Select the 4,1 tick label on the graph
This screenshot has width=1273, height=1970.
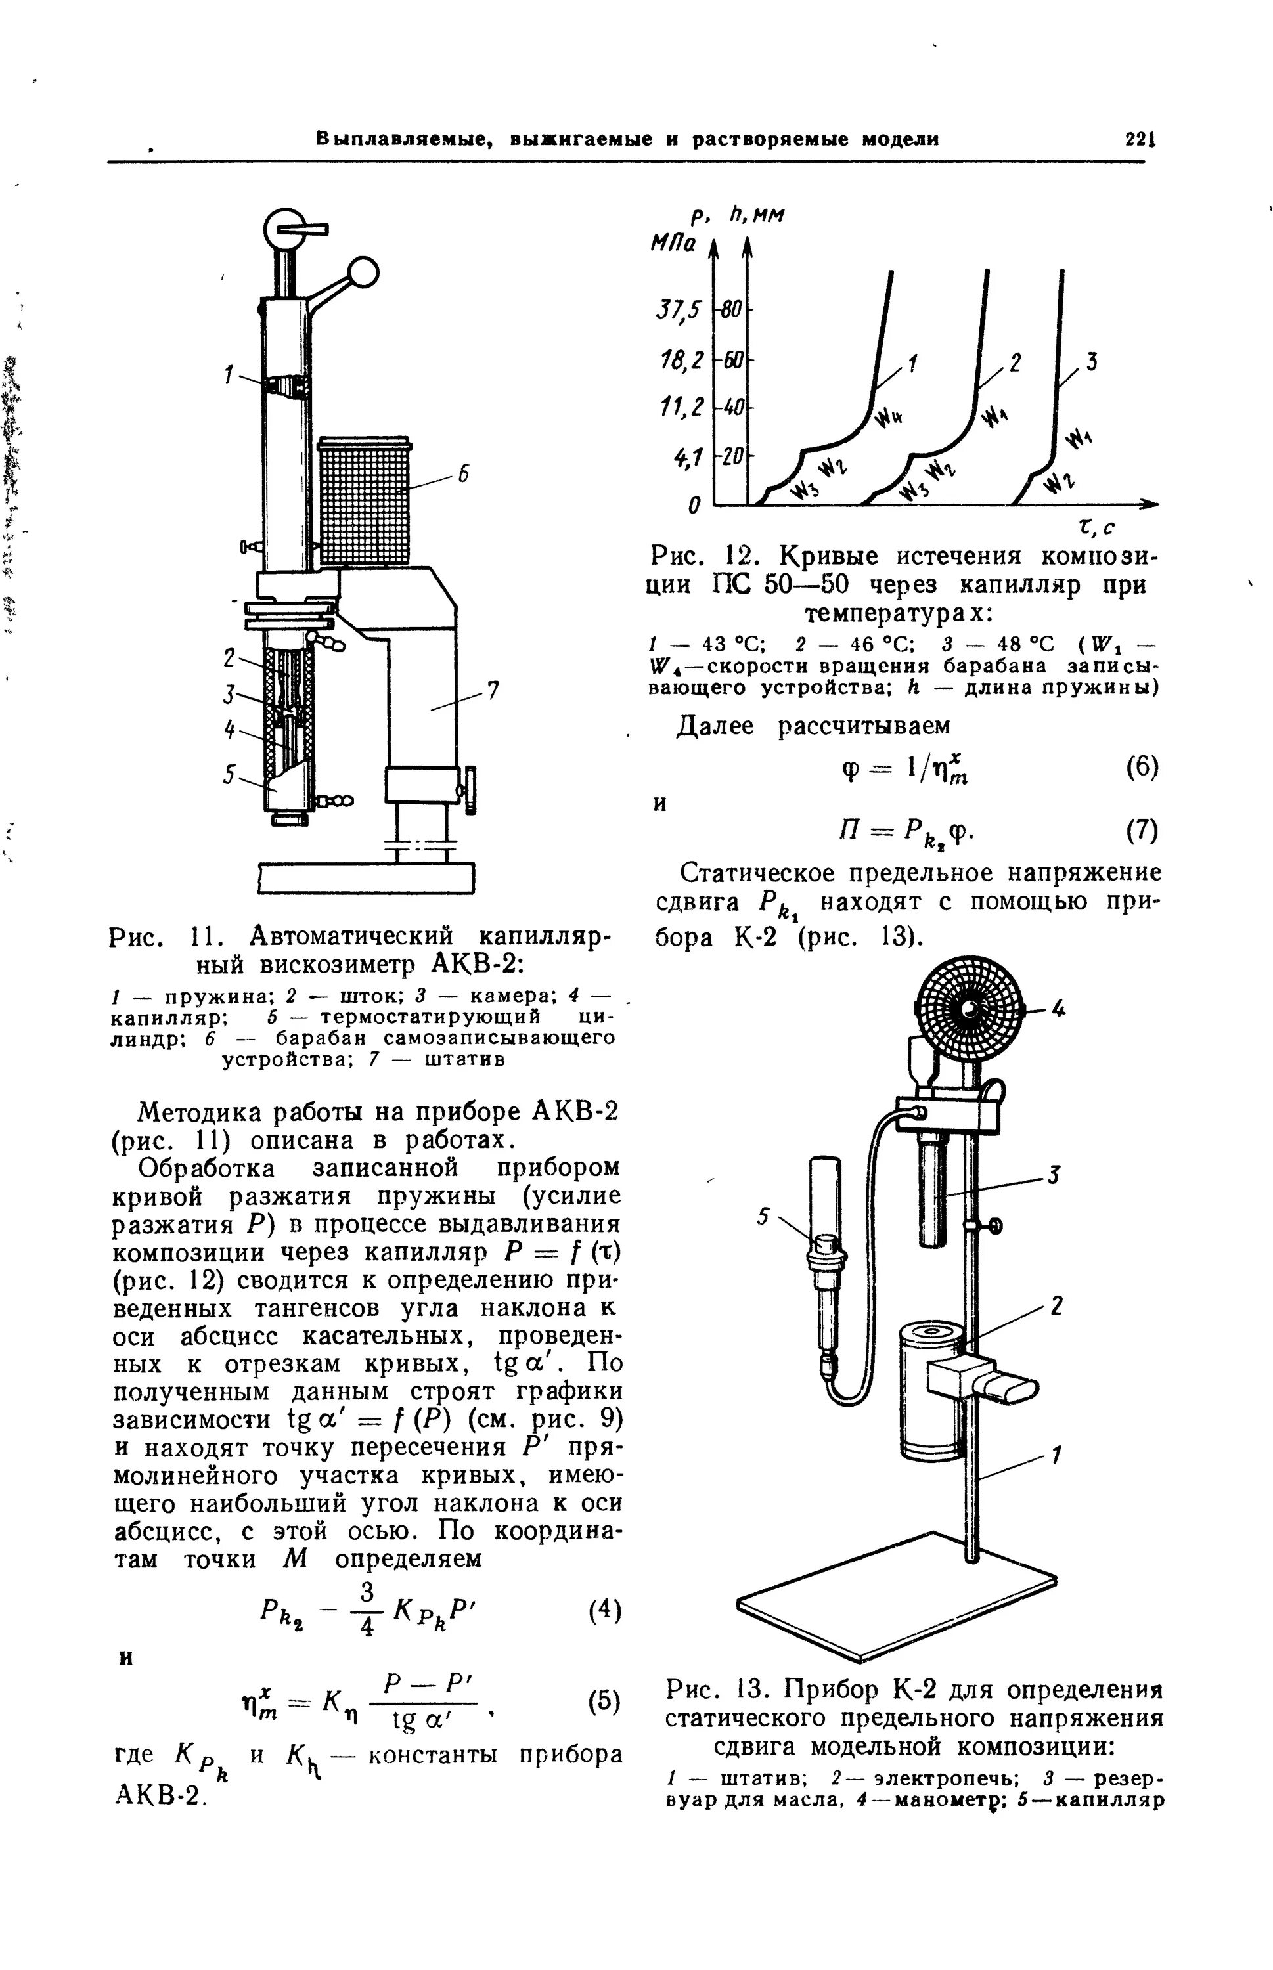tap(688, 455)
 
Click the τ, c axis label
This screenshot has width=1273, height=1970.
tap(1098, 527)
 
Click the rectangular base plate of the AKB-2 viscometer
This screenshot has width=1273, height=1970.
tap(367, 877)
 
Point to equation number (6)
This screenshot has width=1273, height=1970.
tap(1142, 767)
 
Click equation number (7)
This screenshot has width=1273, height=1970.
tap(1142, 831)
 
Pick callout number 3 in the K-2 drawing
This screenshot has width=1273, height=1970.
tap(1055, 1174)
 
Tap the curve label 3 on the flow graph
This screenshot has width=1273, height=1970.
tap(1091, 362)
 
